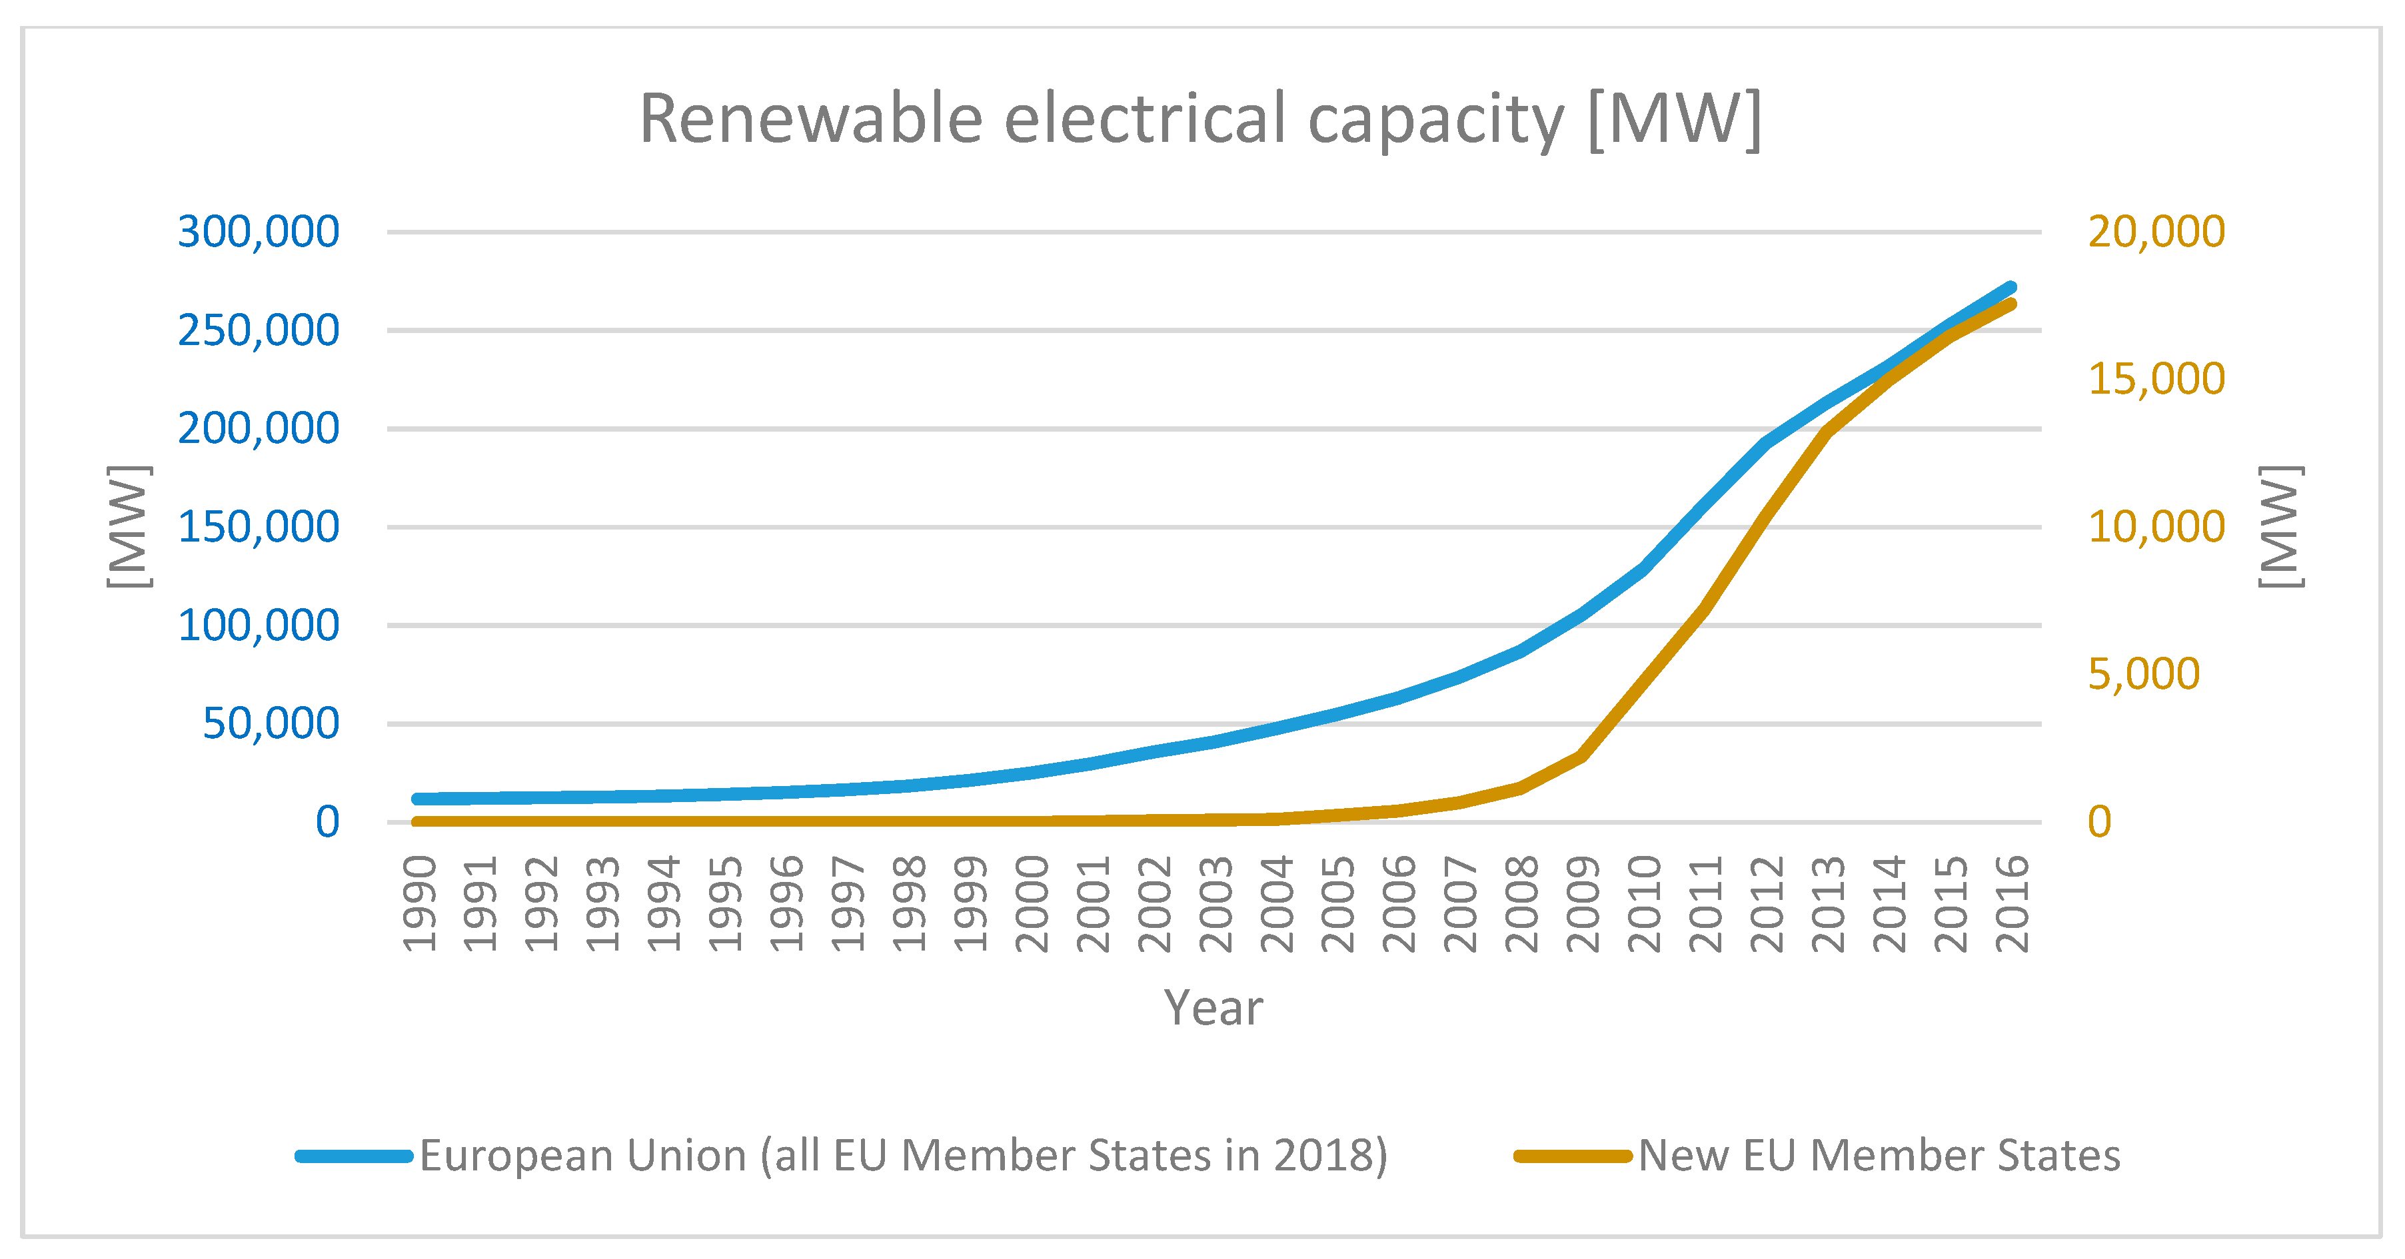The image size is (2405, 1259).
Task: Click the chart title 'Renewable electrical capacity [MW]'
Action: [1200, 119]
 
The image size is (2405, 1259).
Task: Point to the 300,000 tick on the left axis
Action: [259, 231]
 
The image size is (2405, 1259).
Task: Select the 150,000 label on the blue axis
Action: [259, 528]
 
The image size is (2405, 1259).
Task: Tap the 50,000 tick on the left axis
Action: [271, 724]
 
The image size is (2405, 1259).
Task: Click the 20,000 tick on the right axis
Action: [2156, 231]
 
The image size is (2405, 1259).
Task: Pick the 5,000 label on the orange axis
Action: [2142, 674]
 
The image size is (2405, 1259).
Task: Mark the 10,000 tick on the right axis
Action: [2156, 528]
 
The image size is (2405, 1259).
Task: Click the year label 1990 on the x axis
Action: [419, 903]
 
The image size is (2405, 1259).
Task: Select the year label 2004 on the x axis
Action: [1276, 903]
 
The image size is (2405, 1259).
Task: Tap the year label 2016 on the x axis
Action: [2011, 903]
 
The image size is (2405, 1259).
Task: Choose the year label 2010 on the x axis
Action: [1644, 903]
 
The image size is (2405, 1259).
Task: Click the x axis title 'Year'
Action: [1213, 1008]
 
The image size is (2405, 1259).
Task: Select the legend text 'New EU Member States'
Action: [1879, 1155]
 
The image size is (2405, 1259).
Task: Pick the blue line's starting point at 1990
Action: [418, 799]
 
